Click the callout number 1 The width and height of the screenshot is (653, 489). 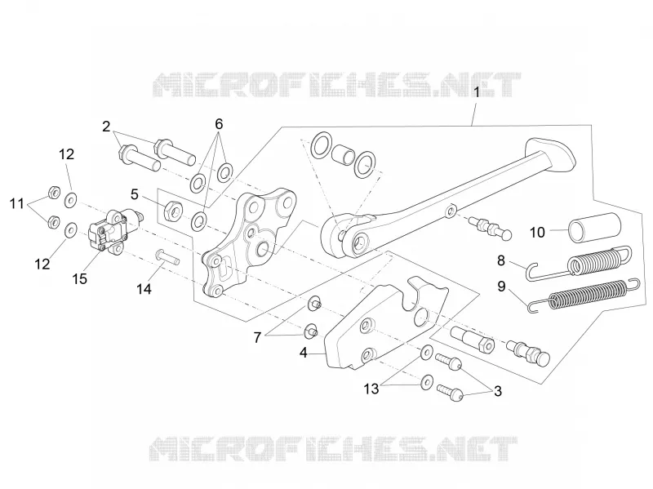477,92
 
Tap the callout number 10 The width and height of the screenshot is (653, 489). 537,232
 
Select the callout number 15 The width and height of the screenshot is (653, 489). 79,278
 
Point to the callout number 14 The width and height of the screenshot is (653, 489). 144,289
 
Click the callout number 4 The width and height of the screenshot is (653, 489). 303,353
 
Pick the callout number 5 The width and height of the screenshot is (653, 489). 134,194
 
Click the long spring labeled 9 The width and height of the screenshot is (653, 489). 583,295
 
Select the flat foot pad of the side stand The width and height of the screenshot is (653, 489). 550,153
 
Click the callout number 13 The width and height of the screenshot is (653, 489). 371,389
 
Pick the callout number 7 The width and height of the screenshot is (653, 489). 257,337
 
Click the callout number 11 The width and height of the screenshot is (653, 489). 17,204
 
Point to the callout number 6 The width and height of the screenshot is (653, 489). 219,124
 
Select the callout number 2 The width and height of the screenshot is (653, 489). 106,127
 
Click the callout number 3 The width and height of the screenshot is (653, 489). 498,391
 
